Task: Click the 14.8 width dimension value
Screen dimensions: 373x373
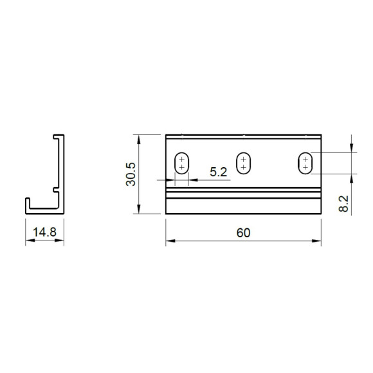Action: (x=44, y=232)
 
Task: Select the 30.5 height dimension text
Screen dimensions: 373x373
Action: (x=131, y=174)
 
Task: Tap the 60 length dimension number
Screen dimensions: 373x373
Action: (x=242, y=232)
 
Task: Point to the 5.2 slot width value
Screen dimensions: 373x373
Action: (x=219, y=172)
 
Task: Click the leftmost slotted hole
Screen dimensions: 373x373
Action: (x=182, y=163)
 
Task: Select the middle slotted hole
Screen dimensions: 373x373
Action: (x=243, y=163)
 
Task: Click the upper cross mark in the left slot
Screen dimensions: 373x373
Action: (x=182, y=158)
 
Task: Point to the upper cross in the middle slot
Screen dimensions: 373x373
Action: (x=243, y=158)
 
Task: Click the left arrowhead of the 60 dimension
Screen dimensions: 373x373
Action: (x=169, y=242)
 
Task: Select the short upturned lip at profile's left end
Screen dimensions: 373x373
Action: (x=27, y=204)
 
